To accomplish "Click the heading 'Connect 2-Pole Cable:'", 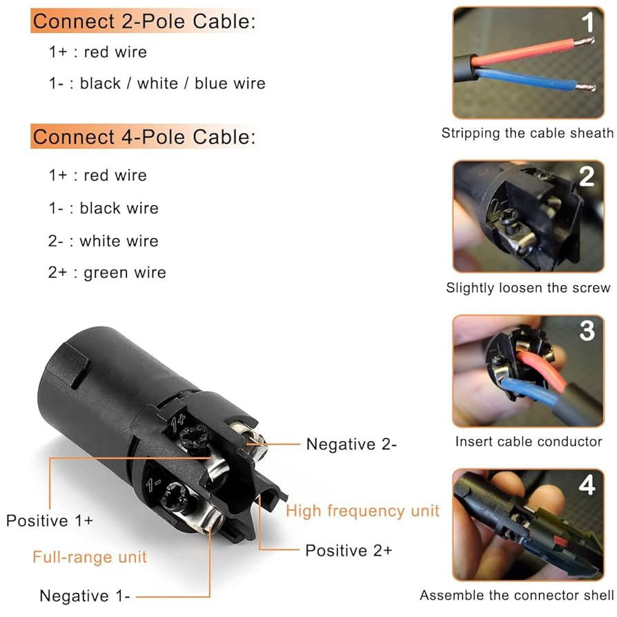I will click(144, 21).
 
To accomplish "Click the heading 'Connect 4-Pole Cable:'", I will click(144, 137).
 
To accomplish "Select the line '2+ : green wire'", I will click(107, 273).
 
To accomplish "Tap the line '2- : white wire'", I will click(103, 241).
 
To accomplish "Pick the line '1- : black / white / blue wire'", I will click(157, 84).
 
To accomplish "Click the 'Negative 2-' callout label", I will click(351, 444).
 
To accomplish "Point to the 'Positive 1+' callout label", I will click(50, 520).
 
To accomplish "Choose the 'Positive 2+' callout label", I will click(349, 550).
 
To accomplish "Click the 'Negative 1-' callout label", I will click(85, 596).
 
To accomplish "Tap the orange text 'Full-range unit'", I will click(90, 556).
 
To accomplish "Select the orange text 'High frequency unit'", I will click(362, 511).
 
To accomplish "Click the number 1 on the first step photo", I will click(587, 24).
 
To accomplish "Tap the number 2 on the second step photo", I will click(587, 177).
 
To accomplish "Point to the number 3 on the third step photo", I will click(587, 331).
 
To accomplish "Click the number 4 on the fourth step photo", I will click(587, 484).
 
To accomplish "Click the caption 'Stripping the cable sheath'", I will click(527, 133).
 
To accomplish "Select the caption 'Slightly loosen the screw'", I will click(528, 288).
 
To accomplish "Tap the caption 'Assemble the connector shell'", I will click(516, 595).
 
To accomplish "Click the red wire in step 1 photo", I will click(525, 52).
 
